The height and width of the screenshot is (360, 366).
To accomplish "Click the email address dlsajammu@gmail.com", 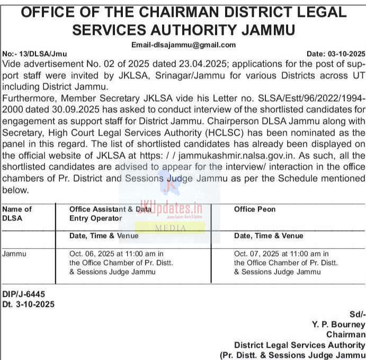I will tap(183, 45).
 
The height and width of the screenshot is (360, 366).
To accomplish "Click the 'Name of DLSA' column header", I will tap(17, 213).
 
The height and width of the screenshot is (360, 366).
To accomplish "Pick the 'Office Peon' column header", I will tap(255, 209).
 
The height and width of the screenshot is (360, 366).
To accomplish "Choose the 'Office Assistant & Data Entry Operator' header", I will tap(110, 213).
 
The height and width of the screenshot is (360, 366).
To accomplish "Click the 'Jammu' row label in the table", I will tap(14, 253).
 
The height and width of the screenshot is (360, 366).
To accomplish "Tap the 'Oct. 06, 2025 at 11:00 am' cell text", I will tap(117, 253).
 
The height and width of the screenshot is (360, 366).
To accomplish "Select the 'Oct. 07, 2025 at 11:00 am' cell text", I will tap(281, 253).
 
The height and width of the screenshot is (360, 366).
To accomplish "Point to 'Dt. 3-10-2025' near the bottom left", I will tap(28, 304).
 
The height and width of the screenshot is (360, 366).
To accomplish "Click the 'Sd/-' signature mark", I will tap(357, 314).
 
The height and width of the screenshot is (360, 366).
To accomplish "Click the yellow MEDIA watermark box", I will tap(170, 228).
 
